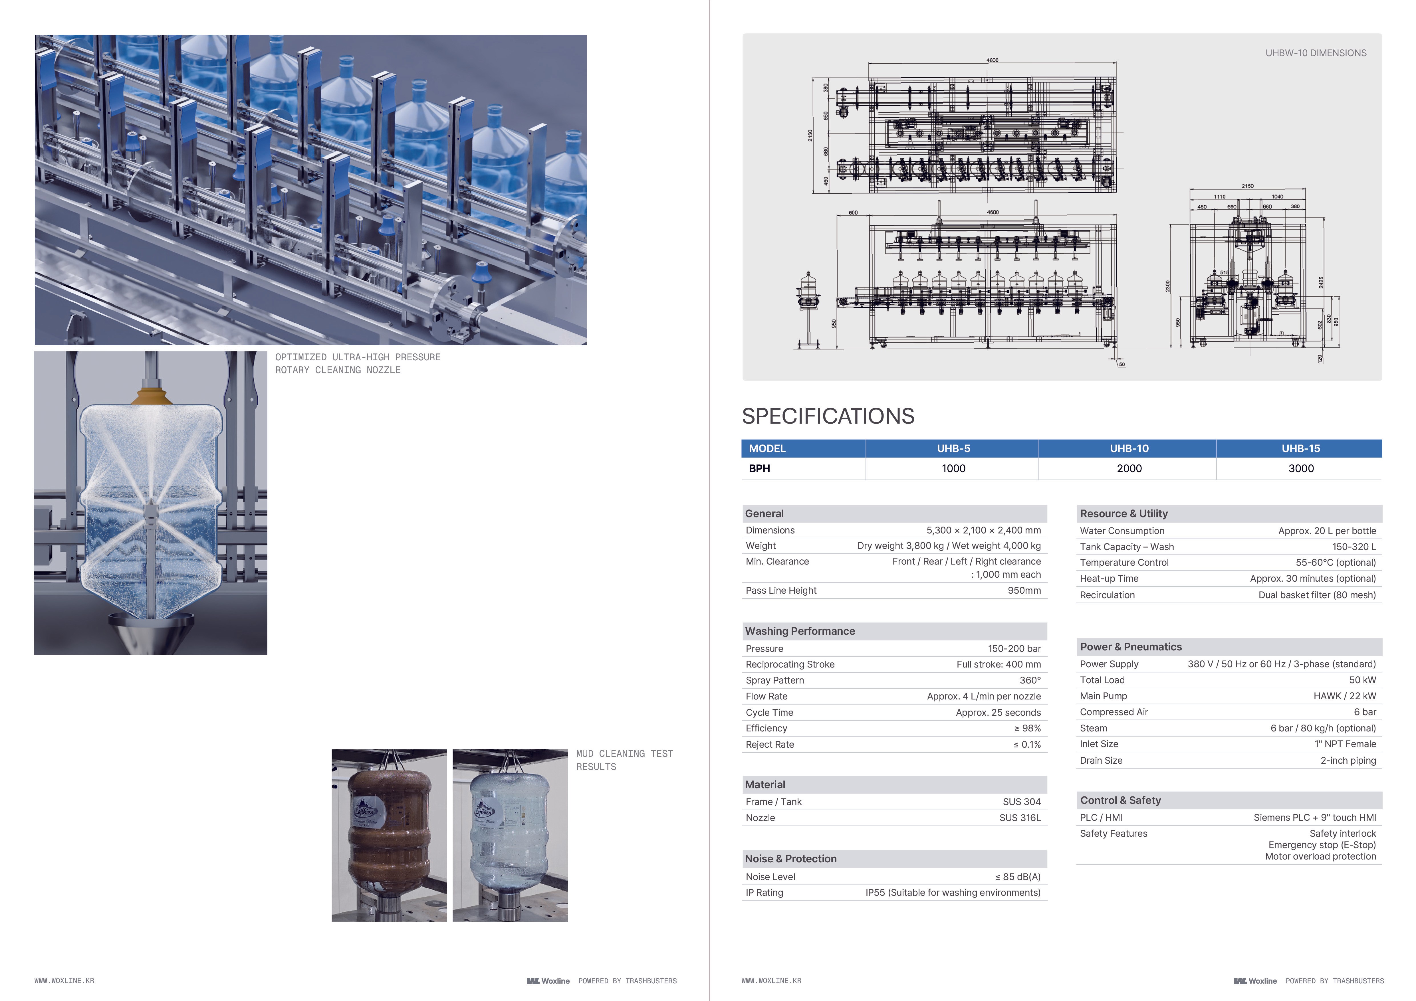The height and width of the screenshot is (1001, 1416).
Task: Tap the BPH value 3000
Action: (1301, 468)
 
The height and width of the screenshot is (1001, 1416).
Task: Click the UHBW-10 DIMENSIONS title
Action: (1316, 53)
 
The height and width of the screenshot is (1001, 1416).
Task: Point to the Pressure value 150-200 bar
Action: (1014, 648)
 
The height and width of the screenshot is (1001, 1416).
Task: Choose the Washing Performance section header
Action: (800, 631)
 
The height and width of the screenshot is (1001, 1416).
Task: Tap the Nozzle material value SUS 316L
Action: (1020, 818)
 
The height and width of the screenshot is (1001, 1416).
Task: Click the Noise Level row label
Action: (770, 877)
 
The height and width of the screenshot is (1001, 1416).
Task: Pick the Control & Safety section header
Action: (1120, 800)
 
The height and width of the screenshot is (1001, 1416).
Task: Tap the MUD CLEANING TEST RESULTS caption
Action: (624, 760)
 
